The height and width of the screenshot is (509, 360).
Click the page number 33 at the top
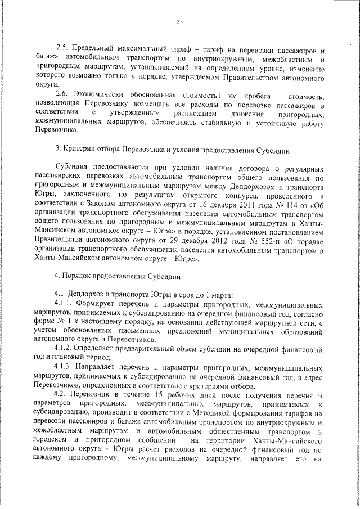(180, 22)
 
